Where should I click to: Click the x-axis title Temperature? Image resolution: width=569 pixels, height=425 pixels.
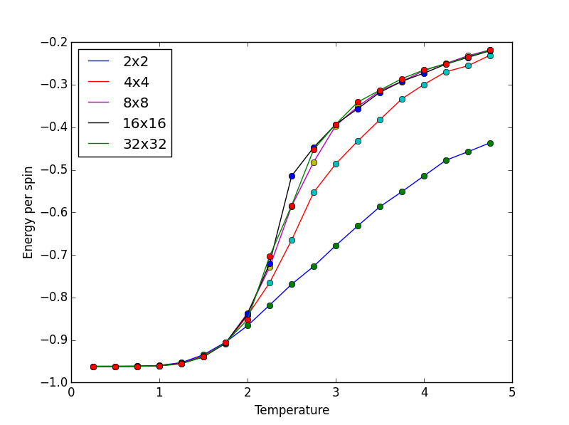point(292,411)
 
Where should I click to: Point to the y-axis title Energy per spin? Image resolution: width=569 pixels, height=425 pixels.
point(28,212)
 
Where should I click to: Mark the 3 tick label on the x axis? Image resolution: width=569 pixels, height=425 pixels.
point(336,392)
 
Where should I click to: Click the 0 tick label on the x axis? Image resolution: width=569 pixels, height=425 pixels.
point(71,392)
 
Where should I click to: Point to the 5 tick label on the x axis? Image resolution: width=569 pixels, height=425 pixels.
point(512,392)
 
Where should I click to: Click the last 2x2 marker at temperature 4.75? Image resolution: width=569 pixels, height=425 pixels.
point(490,143)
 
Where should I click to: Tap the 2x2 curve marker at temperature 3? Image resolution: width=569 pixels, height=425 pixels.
point(336,246)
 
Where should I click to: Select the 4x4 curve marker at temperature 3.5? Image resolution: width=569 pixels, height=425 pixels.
point(380,120)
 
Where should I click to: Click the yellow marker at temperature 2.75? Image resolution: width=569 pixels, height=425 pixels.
point(314,162)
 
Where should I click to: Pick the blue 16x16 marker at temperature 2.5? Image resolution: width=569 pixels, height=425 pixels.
point(292,176)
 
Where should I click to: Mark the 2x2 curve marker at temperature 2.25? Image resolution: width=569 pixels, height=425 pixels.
point(270,305)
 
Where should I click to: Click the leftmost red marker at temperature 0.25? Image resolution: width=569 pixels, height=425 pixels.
point(93,367)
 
